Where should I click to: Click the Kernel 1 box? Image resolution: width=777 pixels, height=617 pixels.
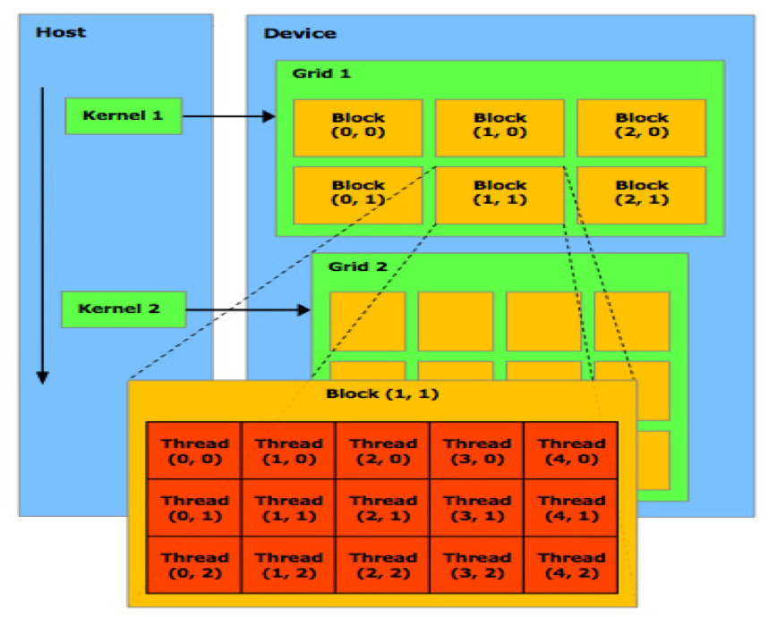click(x=124, y=116)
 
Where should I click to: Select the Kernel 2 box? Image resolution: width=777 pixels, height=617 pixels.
click(x=124, y=309)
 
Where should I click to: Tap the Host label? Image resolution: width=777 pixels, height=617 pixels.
click(x=61, y=32)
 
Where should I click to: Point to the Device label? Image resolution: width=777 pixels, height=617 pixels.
click(x=300, y=34)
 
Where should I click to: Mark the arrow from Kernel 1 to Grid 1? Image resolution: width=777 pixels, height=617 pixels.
click(x=228, y=116)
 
